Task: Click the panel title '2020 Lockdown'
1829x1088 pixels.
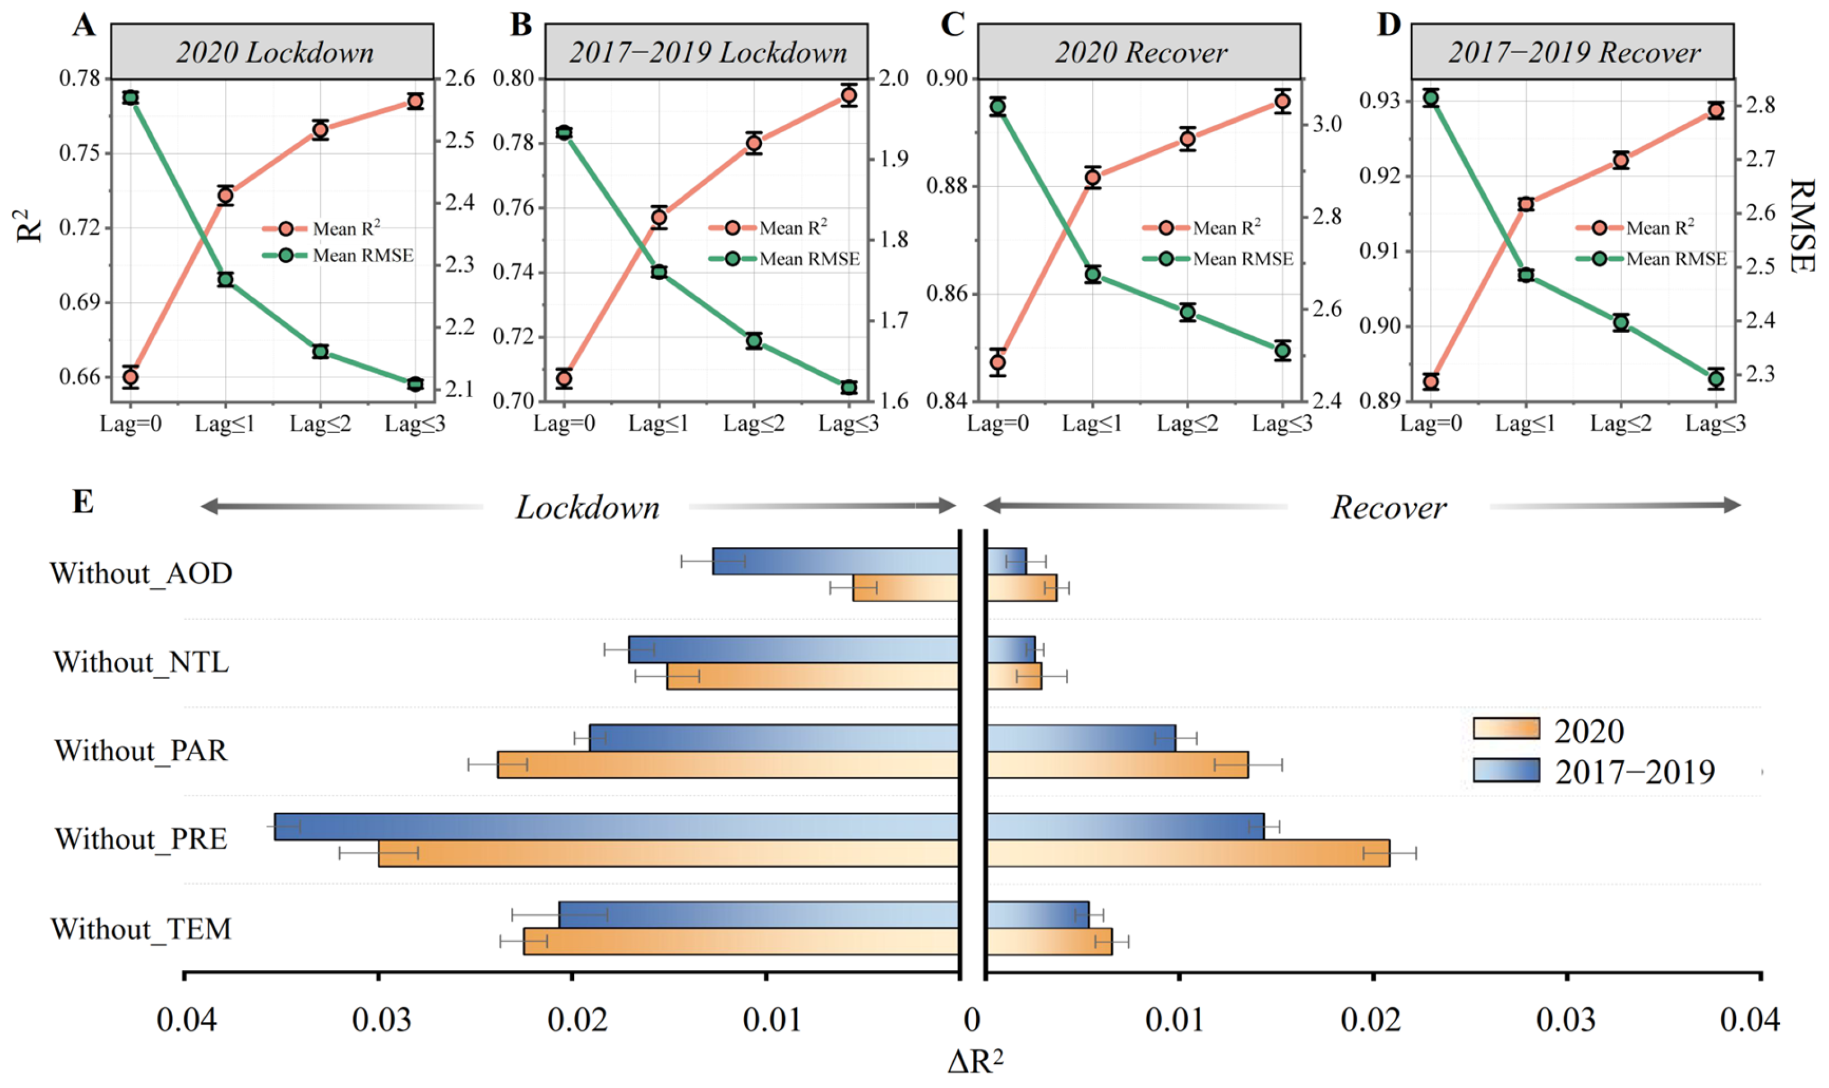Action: pyautogui.click(x=274, y=53)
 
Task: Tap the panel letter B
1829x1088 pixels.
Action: pyautogui.click(x=521, y=25)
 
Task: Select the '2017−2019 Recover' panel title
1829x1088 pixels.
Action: pyautogui.click(x=1574, y=53)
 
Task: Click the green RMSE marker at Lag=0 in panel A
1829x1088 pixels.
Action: pyautogui.click(x=131, y=97)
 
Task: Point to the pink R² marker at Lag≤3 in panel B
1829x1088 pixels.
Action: pyautogui.click(x=849, y=95)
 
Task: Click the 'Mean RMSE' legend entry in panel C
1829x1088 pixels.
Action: pyautogui.click(x=1242, y=259)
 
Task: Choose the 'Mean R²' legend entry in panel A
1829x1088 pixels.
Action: pyautogui.click(x=345, y=229)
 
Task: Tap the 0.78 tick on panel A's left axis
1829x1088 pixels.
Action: pyautogui.click(x=79, y=78)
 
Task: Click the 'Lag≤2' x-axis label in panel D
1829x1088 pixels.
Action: pyautogui.click(x=1620, y=423)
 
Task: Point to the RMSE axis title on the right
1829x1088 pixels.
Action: pyautogui.click(x=1801, y=226)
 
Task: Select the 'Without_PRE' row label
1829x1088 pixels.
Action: pyautogui.click(x=141, y=839)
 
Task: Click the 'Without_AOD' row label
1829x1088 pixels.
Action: pyautogui.click(x=141, y=573)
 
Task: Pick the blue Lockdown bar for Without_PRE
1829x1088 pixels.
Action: pyautogui.click(x=616, y=826)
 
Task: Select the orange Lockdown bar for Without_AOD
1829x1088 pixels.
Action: pyautogui.click(x=906, y=588)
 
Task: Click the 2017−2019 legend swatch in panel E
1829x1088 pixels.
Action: pyautogui.click(x=1505, y=770)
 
